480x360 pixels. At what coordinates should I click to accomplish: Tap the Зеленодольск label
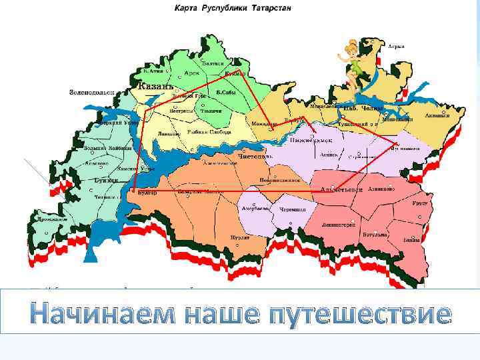point(91,93)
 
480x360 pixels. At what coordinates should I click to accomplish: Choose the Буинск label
point(106,180)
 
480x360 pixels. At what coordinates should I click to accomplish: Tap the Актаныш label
point(437,116)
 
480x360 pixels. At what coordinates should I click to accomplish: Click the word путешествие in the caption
point(358,313)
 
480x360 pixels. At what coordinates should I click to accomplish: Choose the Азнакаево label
point(382,189)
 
